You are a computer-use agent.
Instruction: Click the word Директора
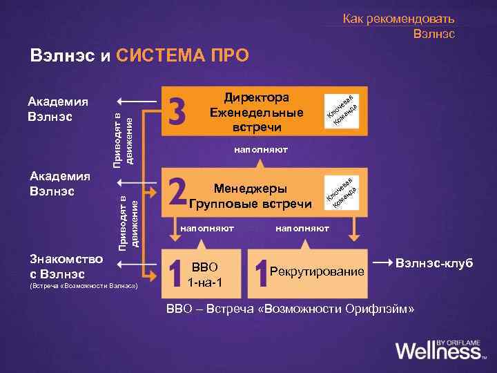[x=257, y=98]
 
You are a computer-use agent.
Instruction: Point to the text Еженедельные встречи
[x=257, y=120]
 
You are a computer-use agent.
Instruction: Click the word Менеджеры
[x=251, y=189]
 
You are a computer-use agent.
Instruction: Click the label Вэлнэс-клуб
[x=435, y=264]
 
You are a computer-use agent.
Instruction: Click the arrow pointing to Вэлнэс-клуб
[x=381, y=264]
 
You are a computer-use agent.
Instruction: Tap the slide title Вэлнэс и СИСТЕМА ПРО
[x=138, y=55]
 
